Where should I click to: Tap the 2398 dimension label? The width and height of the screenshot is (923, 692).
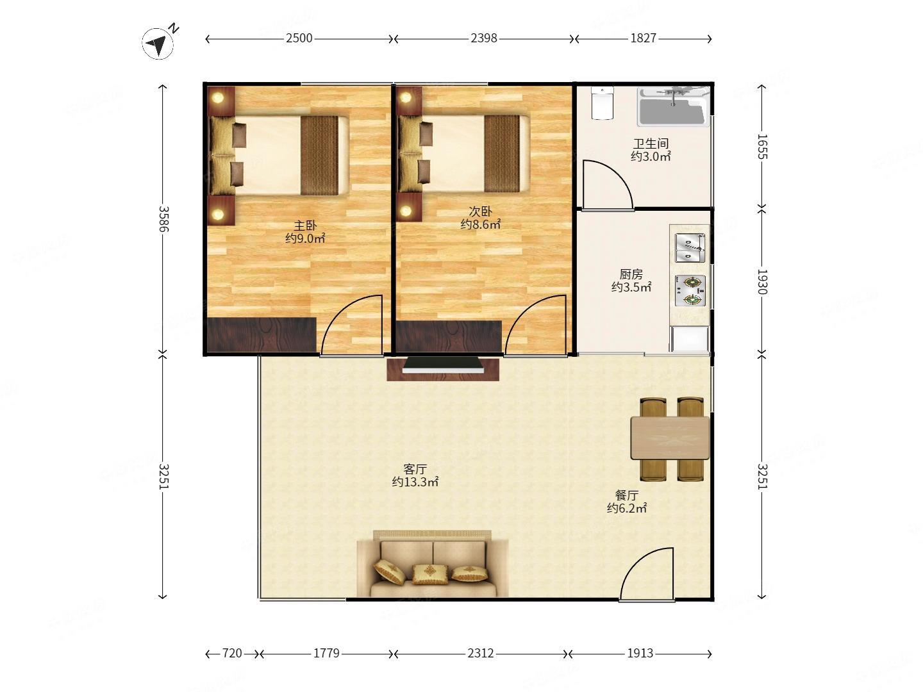(483, 38)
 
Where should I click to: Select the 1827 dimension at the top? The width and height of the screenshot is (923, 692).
(643, 38)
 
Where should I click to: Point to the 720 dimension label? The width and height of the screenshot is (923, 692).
(232, 654)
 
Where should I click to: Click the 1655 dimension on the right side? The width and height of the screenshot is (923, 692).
(762, 147)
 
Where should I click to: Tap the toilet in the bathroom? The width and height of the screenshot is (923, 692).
(602, 103)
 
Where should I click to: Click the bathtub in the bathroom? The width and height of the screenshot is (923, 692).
(672, 107)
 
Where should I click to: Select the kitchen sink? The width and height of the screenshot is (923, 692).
(690, 247)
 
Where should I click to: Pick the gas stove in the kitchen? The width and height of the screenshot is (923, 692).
(690, 290)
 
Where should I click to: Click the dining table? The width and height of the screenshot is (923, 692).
(670, 438)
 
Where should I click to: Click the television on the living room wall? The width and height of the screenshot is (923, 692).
(443, 365)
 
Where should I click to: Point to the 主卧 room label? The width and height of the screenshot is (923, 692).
(305, 226)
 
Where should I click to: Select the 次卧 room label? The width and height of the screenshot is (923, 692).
(480, 211)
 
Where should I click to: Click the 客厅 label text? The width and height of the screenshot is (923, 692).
(415, 469)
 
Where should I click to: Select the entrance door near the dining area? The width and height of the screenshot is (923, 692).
(646, 574)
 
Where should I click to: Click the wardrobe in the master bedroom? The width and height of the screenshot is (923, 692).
(261, 335)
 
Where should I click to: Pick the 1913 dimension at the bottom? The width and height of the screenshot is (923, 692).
(640, 654)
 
